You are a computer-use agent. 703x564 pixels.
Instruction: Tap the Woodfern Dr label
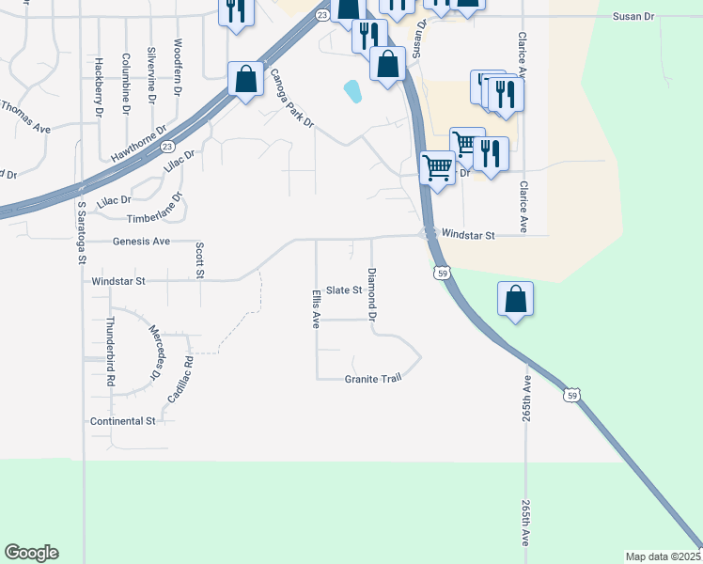tap(179, 63)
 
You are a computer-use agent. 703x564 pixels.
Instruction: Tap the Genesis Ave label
tap(141, 242)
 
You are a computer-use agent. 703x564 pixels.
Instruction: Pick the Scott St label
tap(199, 259)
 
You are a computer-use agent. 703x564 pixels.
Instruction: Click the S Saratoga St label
tap(82, 231)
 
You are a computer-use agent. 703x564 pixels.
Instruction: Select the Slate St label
tap(343, 290)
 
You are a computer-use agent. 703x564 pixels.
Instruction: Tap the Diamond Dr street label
tap(372, 294)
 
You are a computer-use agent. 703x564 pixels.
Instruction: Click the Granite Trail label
tap(373, 379)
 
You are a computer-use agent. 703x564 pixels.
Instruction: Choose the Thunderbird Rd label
tap(110, 352)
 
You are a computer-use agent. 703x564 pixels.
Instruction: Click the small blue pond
tap(353, 91)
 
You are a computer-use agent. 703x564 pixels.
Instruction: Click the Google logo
tap(31, 553)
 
